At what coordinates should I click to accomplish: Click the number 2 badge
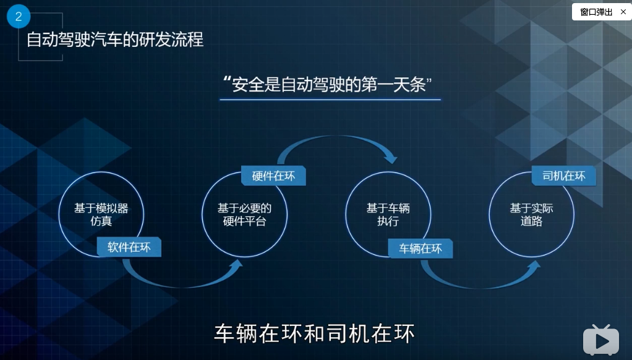click(18, 17)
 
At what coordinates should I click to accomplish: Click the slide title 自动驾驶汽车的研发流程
click(115, 40)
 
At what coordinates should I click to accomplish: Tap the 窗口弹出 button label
click(596, 12)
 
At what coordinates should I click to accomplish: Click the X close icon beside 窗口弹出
click(623, 12)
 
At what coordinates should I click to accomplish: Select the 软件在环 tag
click(129, 247)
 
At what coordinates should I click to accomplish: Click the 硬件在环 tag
click(273, 176)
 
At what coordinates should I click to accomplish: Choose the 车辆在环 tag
click(421, 249)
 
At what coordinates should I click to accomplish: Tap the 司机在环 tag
click(563, 176)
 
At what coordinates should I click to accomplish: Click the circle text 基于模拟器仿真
click(101, 214)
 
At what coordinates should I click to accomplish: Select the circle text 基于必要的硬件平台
click(244, 214)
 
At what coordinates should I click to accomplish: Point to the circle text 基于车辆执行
click(388, 214)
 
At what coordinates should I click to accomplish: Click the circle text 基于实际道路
click(531, 214)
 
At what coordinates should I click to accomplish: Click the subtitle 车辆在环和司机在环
click(314, 333)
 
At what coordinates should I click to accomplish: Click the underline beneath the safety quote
click(330, 99)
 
